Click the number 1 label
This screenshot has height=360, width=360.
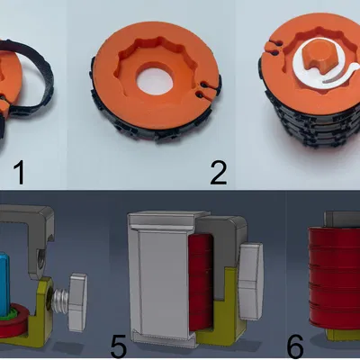click(19, 173)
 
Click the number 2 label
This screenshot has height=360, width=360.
click(219, 173)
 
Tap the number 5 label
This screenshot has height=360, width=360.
click(119, 346)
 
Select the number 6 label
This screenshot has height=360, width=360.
click(295, 346)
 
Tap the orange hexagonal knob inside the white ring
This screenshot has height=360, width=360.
click(316, 58)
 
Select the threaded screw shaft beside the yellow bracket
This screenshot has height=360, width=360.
click(61, 300)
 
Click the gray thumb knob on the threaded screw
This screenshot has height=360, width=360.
click(77, 301)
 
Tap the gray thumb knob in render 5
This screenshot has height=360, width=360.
click(251, 281)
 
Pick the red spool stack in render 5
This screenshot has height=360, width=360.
click(202, 281)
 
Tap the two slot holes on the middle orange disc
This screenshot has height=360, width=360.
click(202, 89)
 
